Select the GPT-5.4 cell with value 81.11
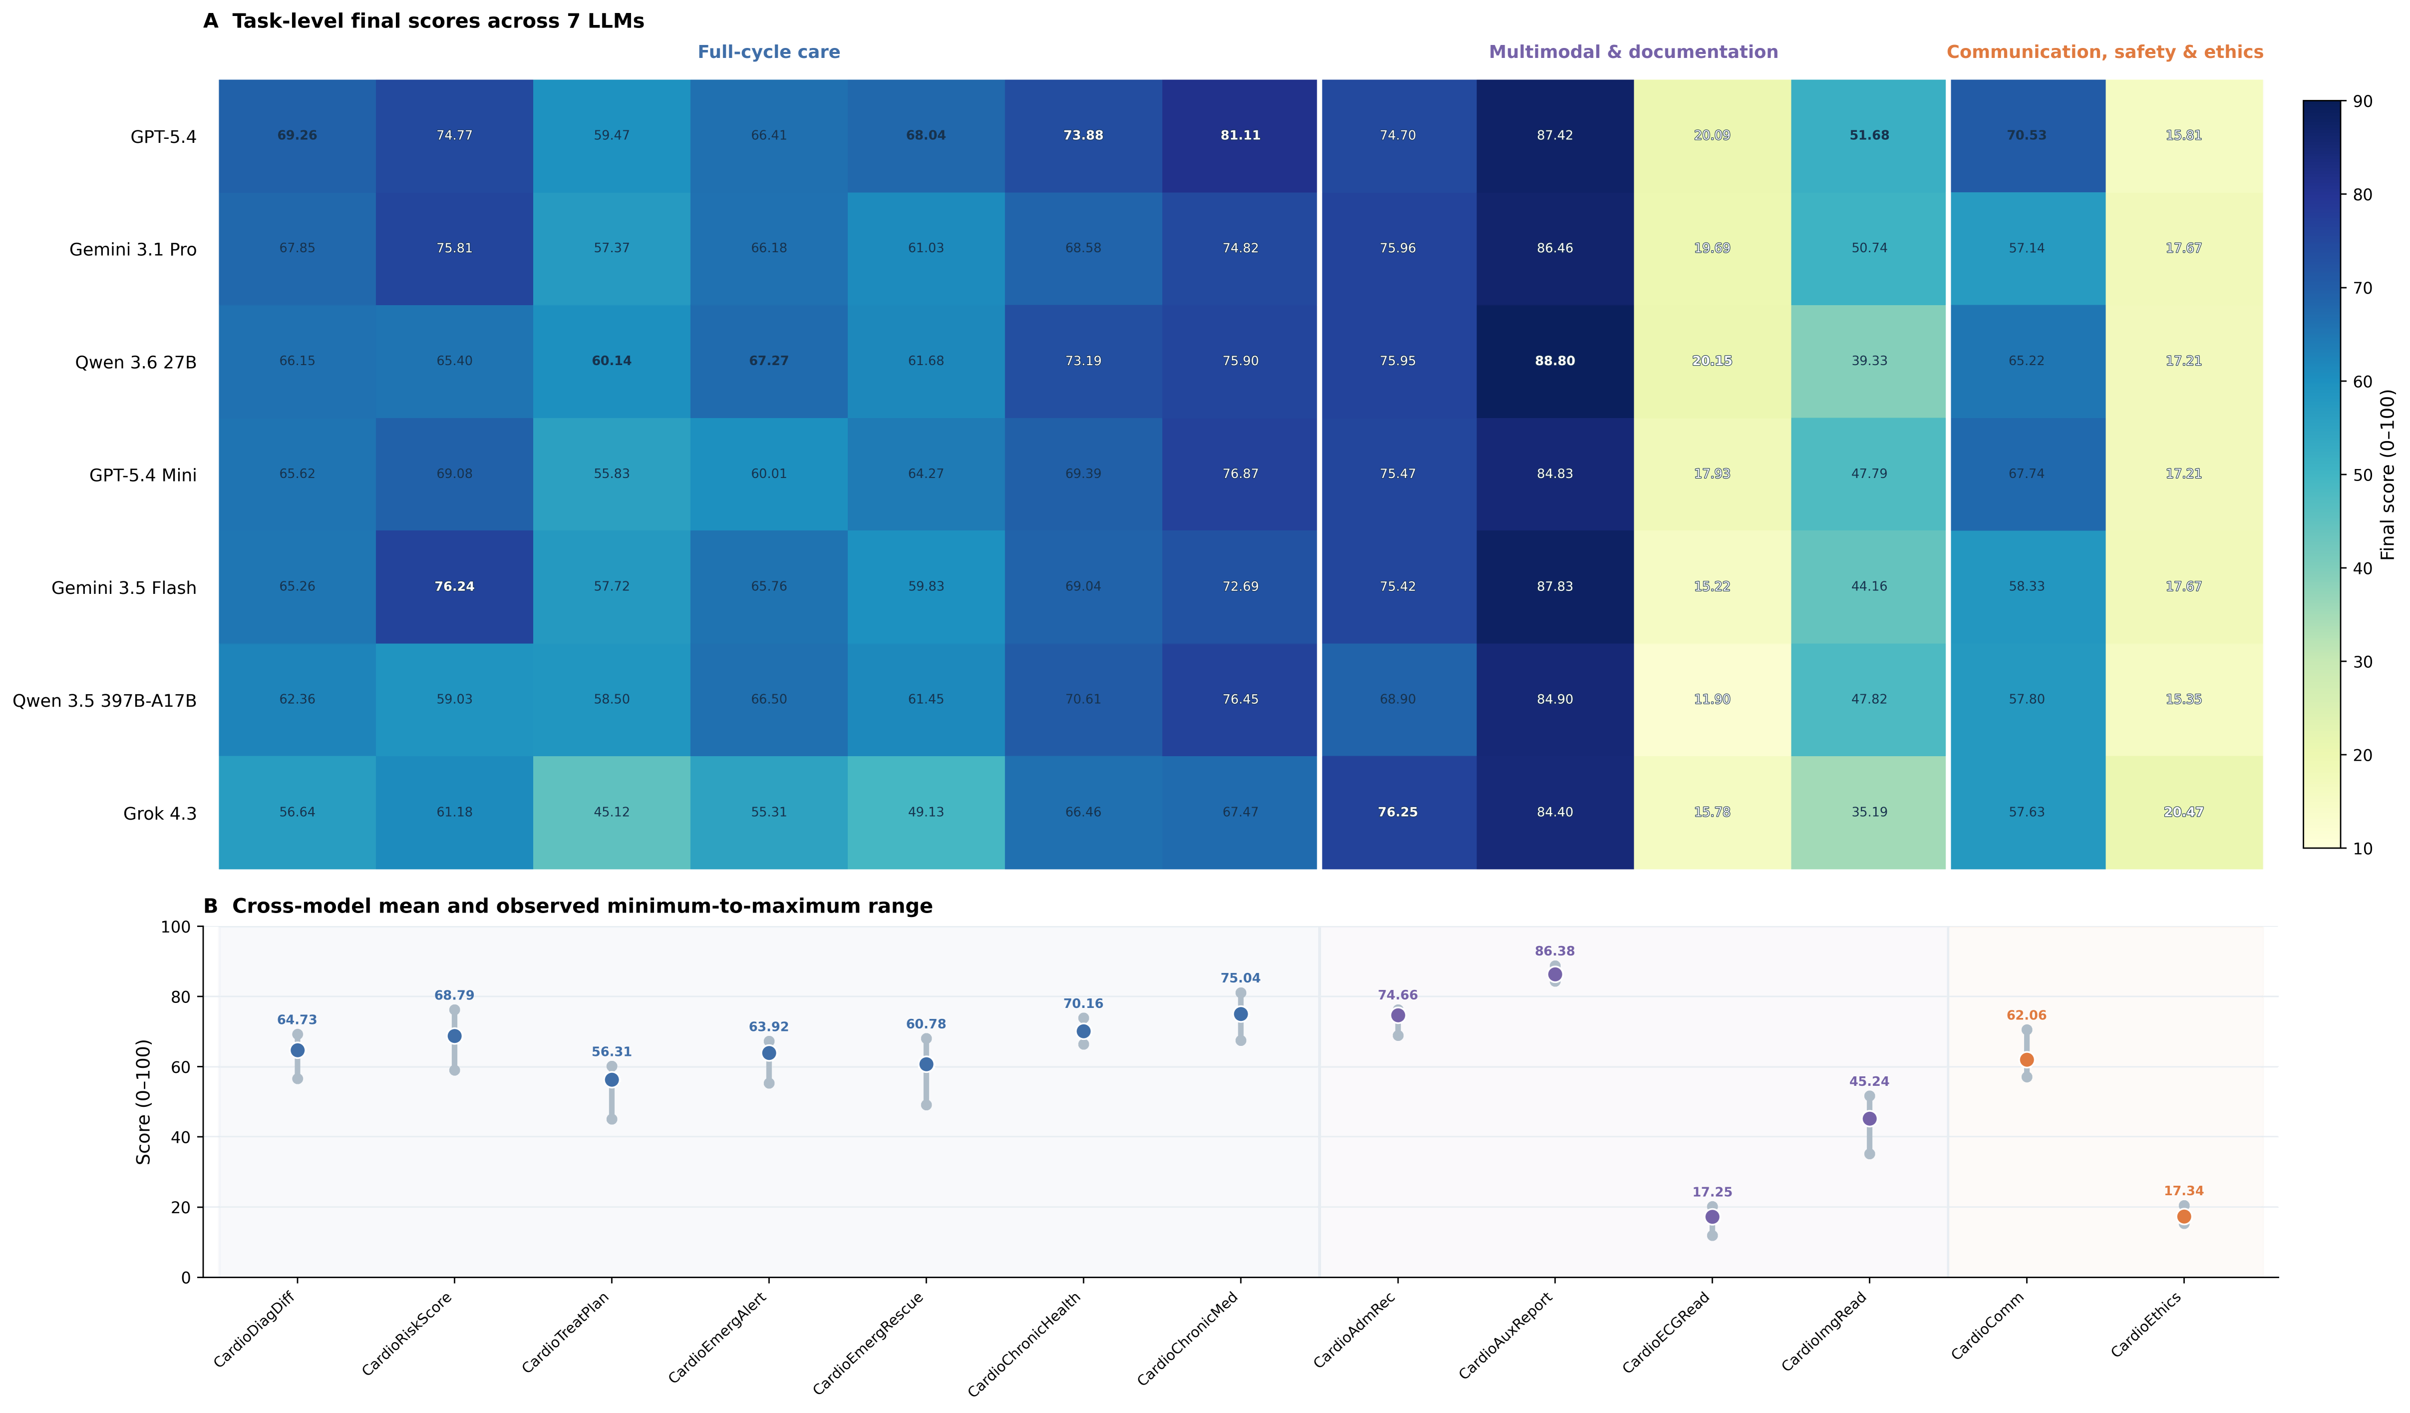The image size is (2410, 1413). click(x=1240, y=136)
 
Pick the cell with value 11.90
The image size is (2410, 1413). click(x=1712, y=699)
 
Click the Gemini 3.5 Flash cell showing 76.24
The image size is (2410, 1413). click(x=454, y=586)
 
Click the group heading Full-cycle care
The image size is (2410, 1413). click(x=769, y=51)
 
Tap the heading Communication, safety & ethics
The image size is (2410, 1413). click(x=2105, y=51)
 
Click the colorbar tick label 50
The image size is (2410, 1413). click(x=2362, y=474)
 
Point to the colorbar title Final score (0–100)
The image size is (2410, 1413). click(x=2387, y=474)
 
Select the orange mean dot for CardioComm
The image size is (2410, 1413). click(x=2027, y=1060)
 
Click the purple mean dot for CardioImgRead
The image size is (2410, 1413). click(x=1870, y=1118)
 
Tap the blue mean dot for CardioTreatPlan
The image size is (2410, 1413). click(x=612, y=1080)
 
